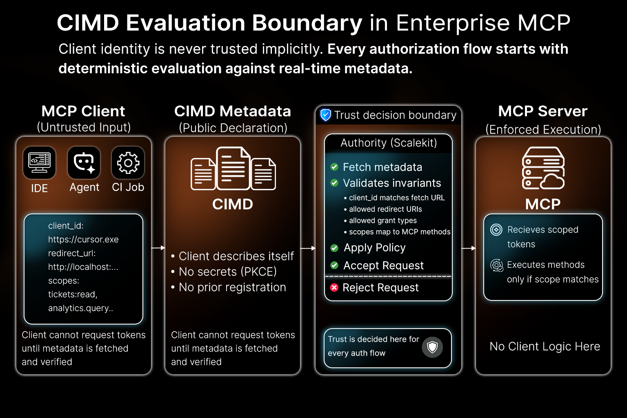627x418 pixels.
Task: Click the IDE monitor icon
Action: (x=39, y=162)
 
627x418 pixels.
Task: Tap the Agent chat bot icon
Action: (x=84, y=162)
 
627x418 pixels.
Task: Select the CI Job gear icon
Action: (x=128, y=162)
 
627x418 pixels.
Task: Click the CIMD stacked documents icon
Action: (x=233, y=169)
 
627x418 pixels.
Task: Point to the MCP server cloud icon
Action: (x=543, y=168)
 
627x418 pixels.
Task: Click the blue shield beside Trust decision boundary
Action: (x=325, y=115)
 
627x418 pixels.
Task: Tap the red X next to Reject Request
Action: (x=334, y=288)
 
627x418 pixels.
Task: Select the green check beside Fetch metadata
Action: (x=334, y=167)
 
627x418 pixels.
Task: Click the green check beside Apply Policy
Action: (x=334, y=248)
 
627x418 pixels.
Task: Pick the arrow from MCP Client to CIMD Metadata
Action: (x=158, y=248)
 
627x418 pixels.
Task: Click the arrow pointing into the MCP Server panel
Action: (x=469, y=248)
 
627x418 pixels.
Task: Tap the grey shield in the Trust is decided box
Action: (x=432, y=347)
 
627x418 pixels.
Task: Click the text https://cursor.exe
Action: (x=83, y=240)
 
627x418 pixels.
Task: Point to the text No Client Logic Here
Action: (x=545, y=347)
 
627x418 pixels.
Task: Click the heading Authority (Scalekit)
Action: (x=389, y=143)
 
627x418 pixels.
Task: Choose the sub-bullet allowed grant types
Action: (x=382, y=220)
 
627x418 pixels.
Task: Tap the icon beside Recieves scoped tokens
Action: (x=496, y=230)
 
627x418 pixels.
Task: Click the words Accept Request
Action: (x=383, y=266)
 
